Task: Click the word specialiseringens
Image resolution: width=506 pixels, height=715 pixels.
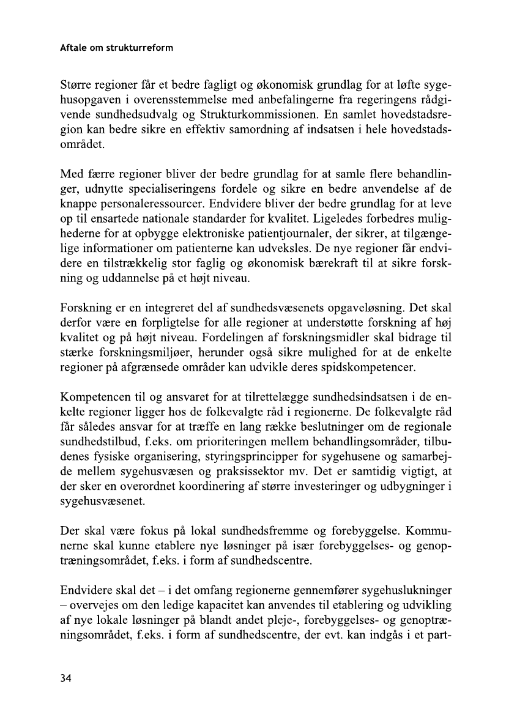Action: coord(198,187)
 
